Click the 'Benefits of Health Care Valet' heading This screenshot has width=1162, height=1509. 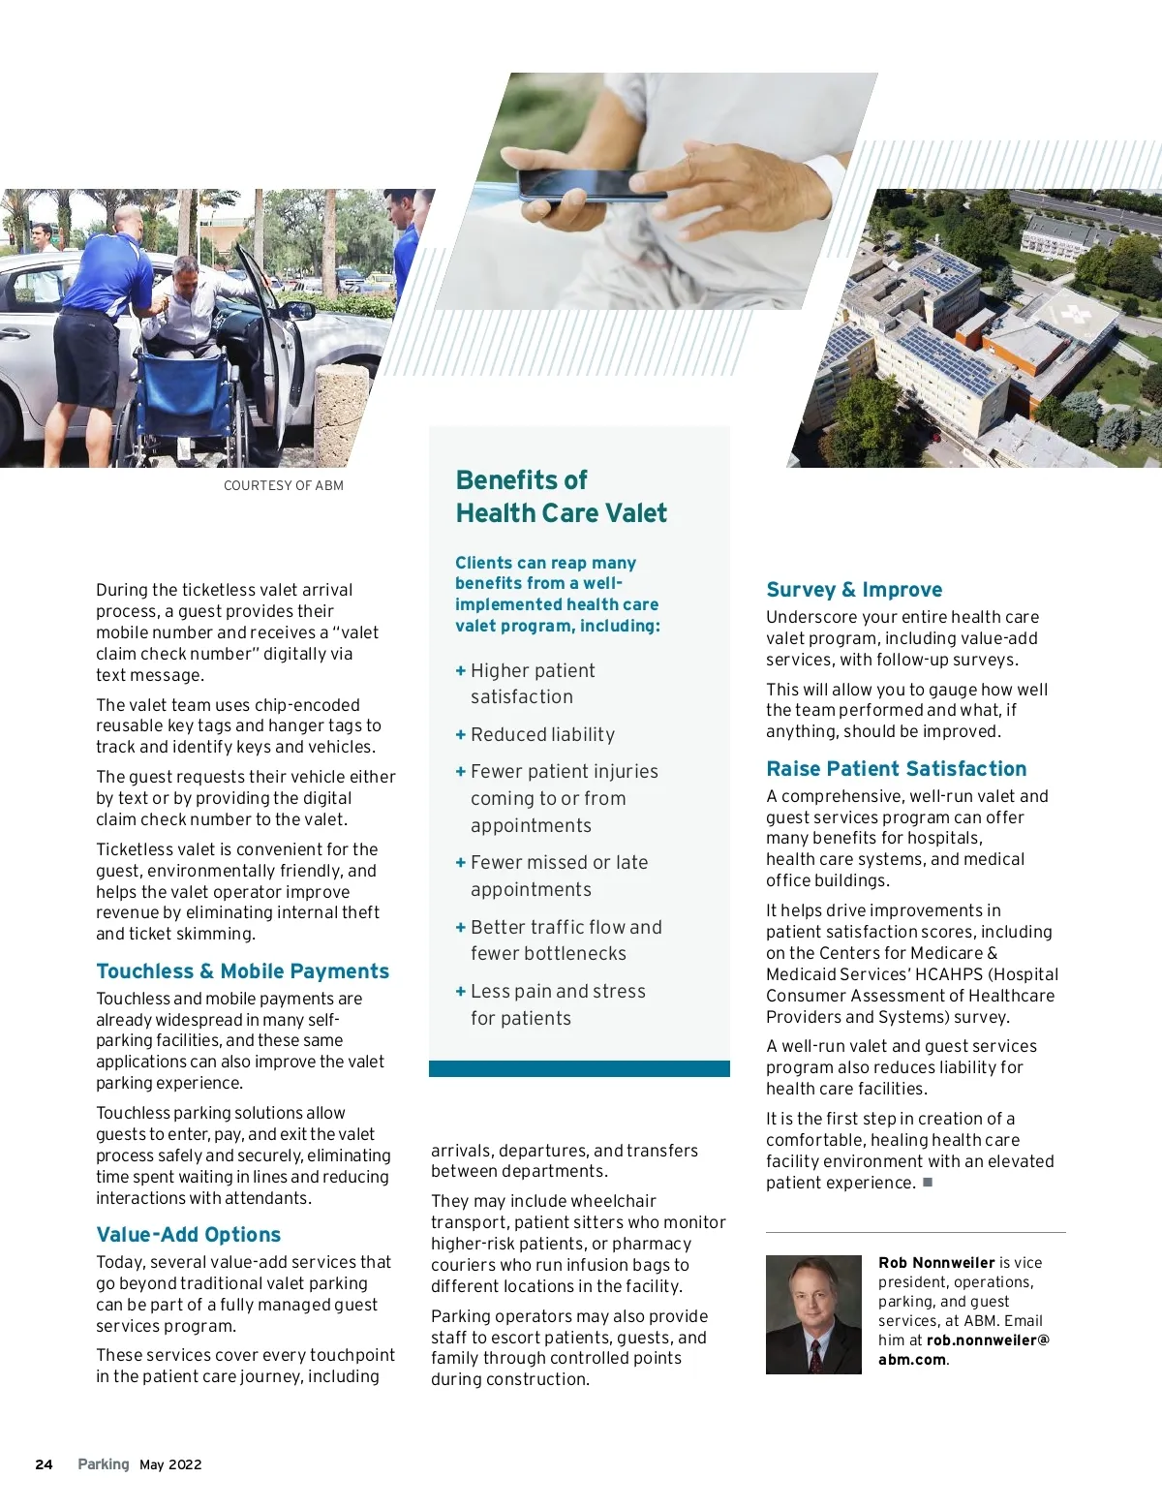click(x=561, y=496)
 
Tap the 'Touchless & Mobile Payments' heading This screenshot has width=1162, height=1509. click(x=242, y=971)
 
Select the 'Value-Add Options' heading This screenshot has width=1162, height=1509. click(x=188, y=1235)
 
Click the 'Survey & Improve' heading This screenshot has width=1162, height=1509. click(x=853, y=590)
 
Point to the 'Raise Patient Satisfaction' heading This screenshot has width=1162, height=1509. click(x=896, y=769)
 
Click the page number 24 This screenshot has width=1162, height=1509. click(x=44, y=1464)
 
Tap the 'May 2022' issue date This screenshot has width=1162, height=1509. click(x=170, y=1464)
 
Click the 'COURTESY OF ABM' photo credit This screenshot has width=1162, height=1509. click(x=283, y=485)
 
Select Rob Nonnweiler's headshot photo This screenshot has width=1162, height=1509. click(x=813, y=1314)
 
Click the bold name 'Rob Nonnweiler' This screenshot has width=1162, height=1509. click(x=935, y=1263)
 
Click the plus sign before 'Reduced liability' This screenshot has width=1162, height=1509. click(x=461, y=735)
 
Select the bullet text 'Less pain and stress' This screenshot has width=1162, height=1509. click(x=558, y=992)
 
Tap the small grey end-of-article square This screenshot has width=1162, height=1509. click(x=928, y=1182)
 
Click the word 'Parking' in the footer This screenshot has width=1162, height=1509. click(x=103, y=1464)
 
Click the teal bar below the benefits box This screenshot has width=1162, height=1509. click(x=579, y=1068)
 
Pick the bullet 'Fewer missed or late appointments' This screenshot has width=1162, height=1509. click(x=559, y=876)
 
